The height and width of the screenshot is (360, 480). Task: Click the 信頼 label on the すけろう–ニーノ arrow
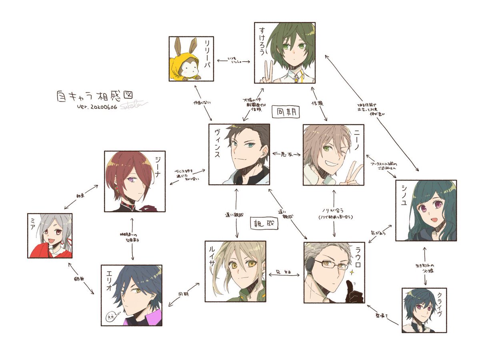(316, 102)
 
